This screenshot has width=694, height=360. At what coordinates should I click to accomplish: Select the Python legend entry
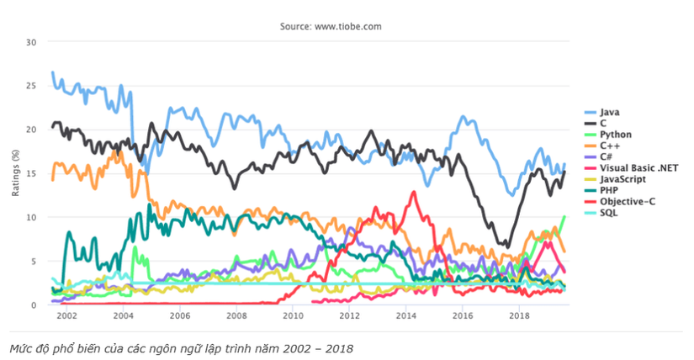614,134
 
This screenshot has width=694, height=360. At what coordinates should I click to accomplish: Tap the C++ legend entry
610,145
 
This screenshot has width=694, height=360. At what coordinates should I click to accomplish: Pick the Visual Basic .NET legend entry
630,167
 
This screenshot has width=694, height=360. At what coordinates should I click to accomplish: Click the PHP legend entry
609,191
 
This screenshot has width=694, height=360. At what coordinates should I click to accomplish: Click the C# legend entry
608,156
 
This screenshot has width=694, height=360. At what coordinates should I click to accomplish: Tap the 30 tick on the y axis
31,42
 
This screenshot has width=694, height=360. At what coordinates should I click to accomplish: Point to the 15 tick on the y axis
31,173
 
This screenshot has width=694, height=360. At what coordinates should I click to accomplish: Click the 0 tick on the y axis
34,304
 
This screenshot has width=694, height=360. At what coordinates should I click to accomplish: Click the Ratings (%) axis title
14,173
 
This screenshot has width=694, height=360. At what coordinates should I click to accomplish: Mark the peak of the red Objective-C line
413,193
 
